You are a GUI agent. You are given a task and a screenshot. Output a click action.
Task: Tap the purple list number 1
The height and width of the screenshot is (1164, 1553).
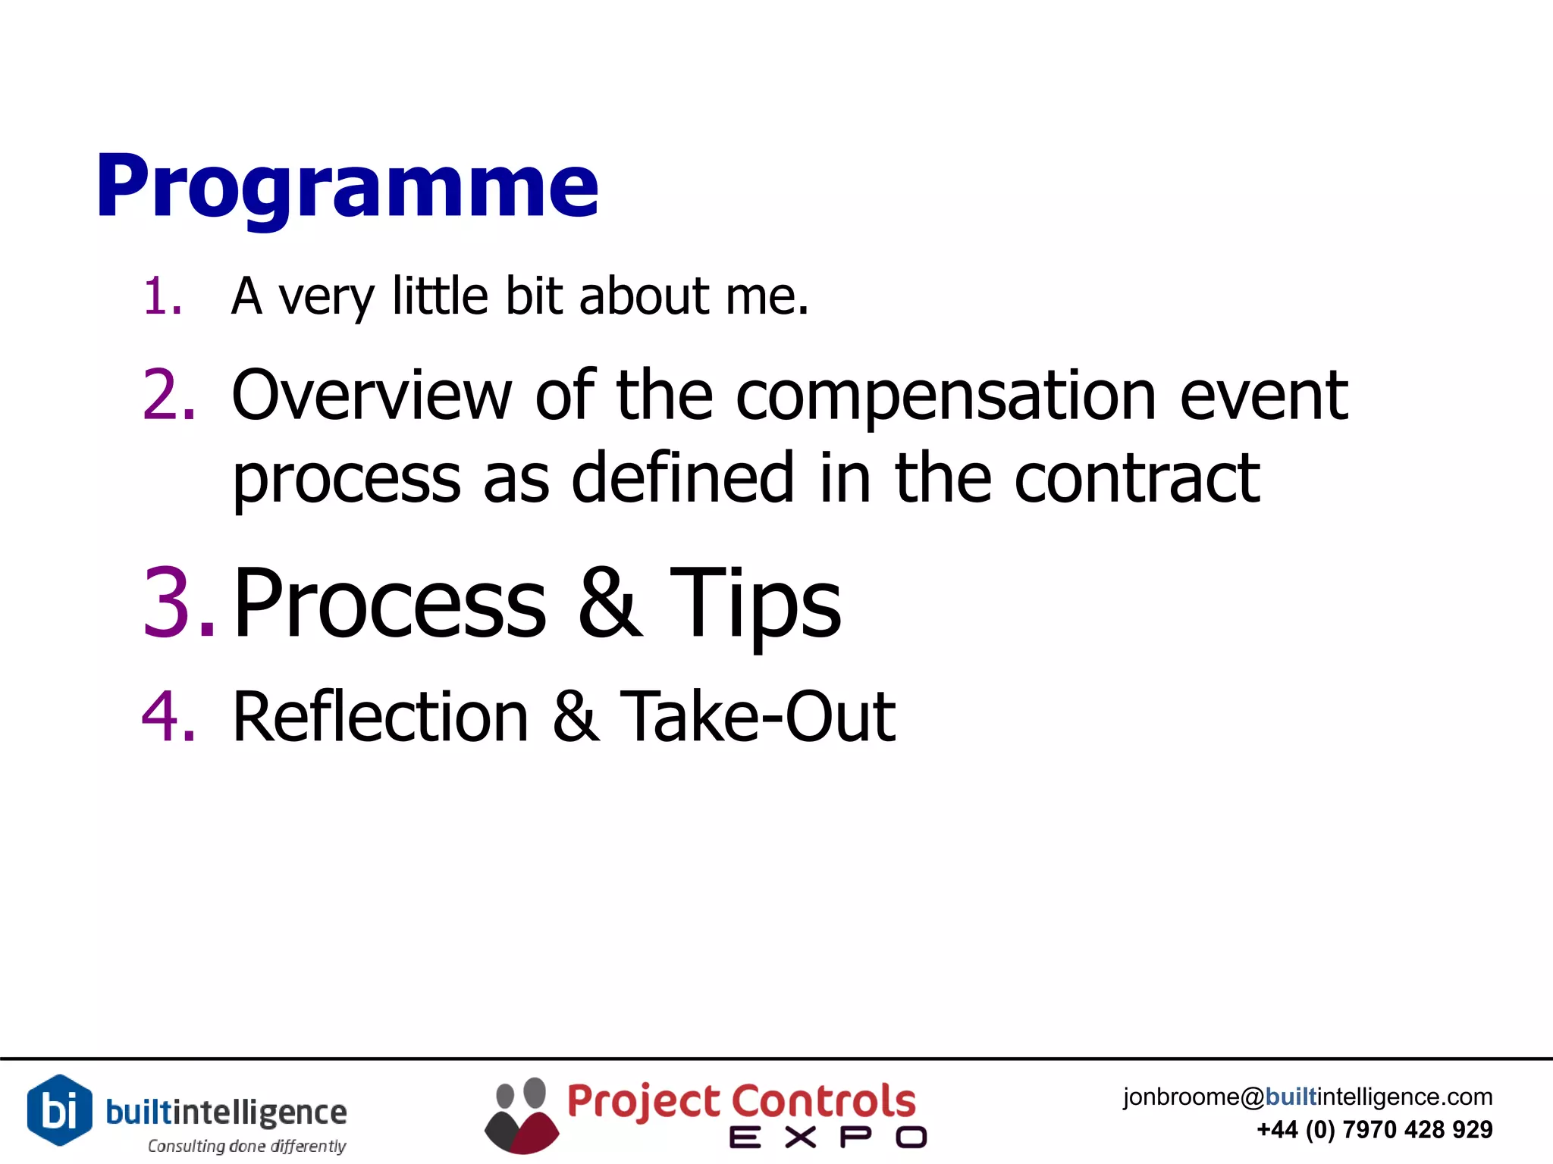pos(162,296)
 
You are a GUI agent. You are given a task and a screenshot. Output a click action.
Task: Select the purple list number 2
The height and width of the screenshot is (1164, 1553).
pos(168,395)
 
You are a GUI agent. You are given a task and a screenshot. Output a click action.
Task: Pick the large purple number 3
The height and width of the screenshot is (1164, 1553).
pos(177,602)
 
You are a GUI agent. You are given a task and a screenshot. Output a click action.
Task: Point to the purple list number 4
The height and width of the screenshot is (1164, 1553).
pos(168,716)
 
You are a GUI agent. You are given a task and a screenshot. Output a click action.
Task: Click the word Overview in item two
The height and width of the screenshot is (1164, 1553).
pos(372,395)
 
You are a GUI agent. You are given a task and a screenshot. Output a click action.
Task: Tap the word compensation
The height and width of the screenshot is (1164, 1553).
pos(946,396)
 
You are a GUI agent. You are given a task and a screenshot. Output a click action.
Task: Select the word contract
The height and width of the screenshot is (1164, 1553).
pos(1137,478)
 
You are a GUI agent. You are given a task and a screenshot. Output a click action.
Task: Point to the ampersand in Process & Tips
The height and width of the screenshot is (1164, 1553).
pos(610,602)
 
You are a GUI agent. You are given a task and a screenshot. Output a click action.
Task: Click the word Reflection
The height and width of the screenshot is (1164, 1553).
pos(380,716)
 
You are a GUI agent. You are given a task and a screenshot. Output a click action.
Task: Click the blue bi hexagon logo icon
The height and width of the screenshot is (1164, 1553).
pos(60,1110)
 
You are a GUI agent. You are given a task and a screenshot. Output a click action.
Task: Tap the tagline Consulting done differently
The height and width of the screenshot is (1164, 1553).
pos(246,1146)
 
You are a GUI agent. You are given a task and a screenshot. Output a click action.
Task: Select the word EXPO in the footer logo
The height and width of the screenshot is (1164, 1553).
pos(827,1137)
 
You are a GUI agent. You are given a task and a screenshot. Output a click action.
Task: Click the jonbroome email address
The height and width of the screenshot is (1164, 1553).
pos(1307,1097)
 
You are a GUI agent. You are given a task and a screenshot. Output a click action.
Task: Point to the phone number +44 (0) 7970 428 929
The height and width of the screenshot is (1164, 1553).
pos(1374,1130)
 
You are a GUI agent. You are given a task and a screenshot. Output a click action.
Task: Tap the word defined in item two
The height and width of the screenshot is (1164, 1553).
pos(682,478)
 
